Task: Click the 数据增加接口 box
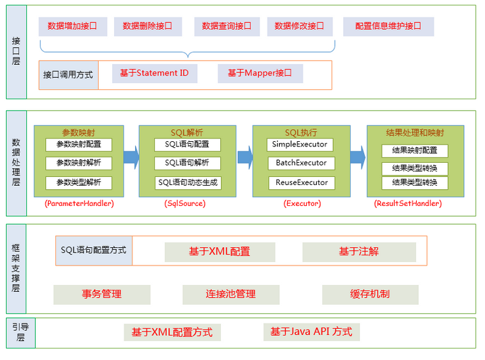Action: [72, 26]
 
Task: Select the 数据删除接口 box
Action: [147, 26]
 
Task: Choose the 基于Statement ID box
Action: [154, 73]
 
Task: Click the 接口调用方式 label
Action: [68, 74]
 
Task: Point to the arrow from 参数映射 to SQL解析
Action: [131, 159]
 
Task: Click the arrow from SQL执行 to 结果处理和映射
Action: [357, 159]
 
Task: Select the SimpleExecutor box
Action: [299, 145]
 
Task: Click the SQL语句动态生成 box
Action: [187, 182]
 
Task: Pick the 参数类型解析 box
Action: [78, 182]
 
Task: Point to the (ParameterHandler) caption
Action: [79, 203]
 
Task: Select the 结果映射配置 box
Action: [414, 151]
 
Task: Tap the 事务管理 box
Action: [101, 294]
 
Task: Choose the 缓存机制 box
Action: [369, 294]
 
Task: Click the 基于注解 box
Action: [358, 252]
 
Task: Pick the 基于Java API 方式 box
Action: [311, 332]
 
